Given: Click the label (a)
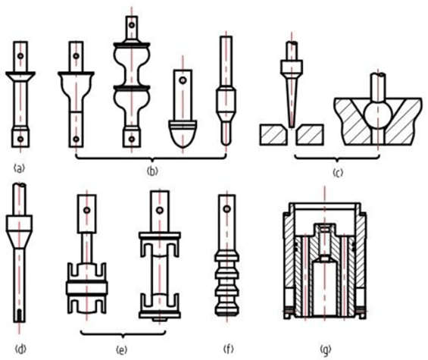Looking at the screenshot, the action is coord(19,168).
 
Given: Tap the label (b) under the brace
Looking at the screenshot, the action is coord(152,171).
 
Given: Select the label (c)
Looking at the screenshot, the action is coord(338,173).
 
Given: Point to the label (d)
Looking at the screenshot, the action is coord(20,349).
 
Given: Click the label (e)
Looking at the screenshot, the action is coord(121,349).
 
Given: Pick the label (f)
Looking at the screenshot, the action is coord(228,349).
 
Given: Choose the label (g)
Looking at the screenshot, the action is coord(326,349).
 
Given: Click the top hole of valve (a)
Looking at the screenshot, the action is coord(20,56).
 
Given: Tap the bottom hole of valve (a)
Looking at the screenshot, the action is coord(20,139).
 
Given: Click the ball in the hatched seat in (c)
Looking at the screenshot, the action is coord(378,114).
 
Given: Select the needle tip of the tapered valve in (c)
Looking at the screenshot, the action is coord(292,127).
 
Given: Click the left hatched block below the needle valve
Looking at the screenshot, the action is coord(273,135).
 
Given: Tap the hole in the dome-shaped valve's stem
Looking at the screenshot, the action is coord(183,80).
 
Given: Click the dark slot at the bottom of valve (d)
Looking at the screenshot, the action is coord(19,315).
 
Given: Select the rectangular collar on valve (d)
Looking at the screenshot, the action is coord(19,223).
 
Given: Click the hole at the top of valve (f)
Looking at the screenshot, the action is coord(226,209).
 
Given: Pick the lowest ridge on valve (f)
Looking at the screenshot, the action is coord(226,311).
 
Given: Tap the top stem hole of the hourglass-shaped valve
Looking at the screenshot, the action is coord(132,25).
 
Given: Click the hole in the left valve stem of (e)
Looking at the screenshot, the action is coord(87,211).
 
